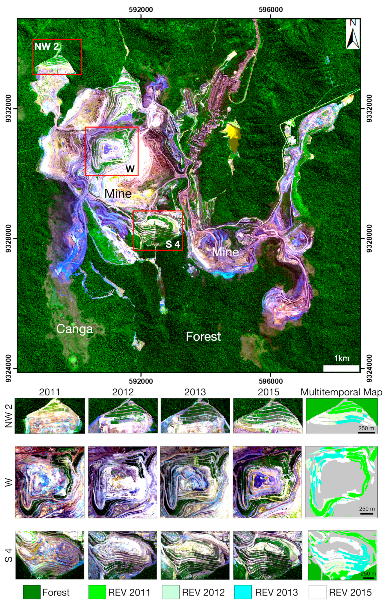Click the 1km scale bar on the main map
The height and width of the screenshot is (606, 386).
tap(341, 368)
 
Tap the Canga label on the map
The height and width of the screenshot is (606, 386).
tap(74, 329)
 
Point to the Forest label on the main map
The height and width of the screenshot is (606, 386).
tap(203, 336)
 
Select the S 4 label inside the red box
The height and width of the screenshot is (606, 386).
tap(173, 244)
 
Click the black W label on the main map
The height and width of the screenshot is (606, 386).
tap(130, 169)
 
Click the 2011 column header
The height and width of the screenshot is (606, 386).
tap(49, 392)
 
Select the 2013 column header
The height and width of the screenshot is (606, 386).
tap(195, 392)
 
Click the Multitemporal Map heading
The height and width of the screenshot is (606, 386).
tap(341, 392)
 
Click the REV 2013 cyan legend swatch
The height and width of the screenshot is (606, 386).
tap(243, 592)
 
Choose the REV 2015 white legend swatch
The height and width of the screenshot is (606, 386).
tap(317, 592)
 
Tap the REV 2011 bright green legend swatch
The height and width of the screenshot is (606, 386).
tap(97, 592)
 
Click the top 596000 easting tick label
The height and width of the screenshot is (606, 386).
tap(271, 10)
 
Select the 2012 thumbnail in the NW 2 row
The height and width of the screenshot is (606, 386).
tap(123, 416)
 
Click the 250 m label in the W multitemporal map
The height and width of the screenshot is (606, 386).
tap(367, 509)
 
